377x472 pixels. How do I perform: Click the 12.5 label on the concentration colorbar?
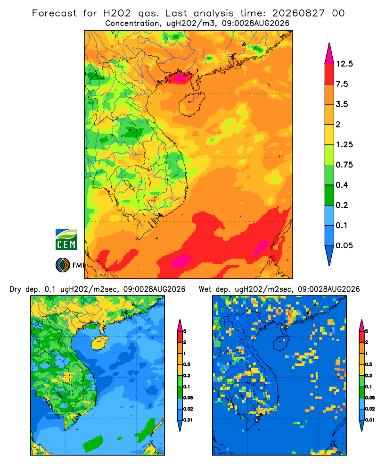point(344,64)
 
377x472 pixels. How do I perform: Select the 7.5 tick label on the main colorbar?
point(342,84)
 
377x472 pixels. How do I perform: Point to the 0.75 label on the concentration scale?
point(344,165)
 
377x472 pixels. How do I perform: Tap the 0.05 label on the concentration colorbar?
point(344,245)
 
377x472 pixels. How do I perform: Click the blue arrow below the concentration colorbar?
point(329,255)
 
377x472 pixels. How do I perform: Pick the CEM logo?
point(66,239)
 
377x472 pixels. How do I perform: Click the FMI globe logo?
point(63,265)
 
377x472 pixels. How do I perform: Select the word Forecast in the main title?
point(54,13)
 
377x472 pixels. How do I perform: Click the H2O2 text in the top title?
point(117,13)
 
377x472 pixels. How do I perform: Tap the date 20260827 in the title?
point(298,13)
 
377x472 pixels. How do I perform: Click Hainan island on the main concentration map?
point(191,104)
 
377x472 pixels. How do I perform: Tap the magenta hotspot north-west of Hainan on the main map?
point(180,78)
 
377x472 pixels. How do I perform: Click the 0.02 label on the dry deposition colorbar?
point(188,409)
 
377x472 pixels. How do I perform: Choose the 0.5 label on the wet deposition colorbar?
point(368,364)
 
